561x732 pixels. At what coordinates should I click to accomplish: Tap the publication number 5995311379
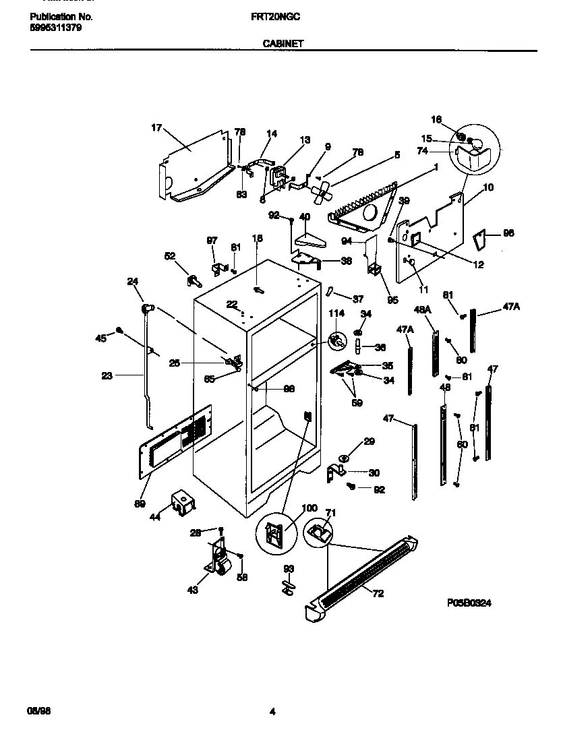[x=57, y=28]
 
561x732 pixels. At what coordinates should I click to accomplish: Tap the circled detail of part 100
[x=277, y=537]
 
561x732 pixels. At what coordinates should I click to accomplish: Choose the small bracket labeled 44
[x=182, y=504]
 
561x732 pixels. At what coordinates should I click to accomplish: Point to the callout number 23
[x=107, y=376]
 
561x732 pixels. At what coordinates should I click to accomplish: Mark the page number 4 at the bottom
[x=272, y=710]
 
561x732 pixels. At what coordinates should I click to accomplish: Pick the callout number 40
[x=304, y=217]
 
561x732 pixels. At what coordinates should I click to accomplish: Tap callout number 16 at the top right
[x=436, y=119]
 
